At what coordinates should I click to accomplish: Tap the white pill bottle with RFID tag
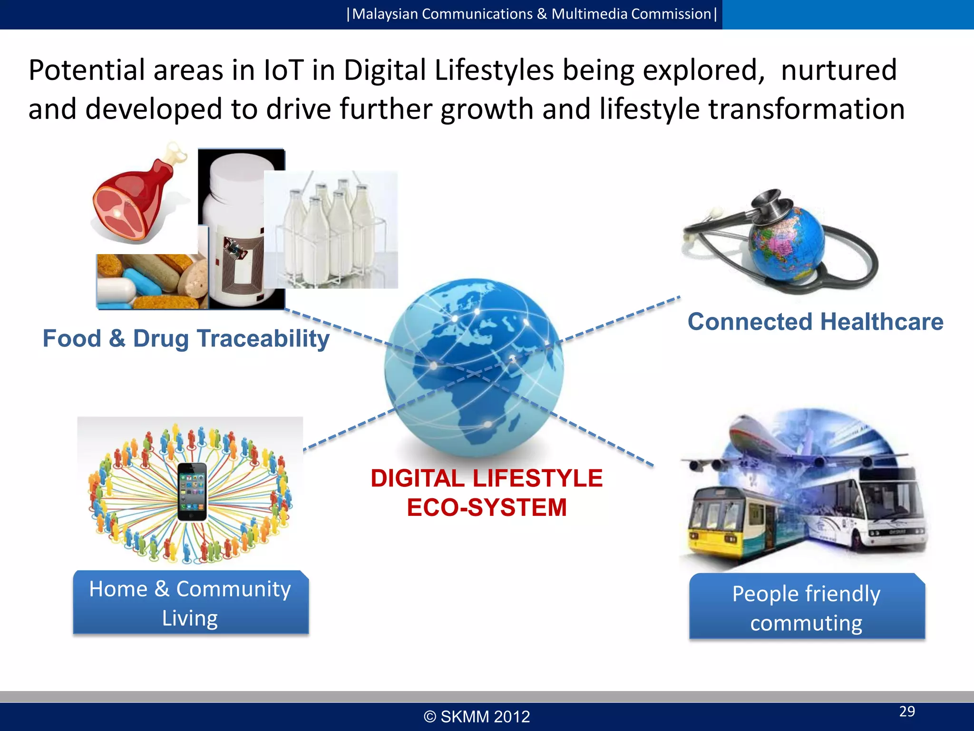click(235, 224)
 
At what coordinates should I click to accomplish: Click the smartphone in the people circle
click(192, 492)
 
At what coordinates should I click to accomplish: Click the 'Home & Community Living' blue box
click(191, 603)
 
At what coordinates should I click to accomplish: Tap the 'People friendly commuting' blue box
click(807, 607)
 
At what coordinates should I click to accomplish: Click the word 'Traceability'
click(263, 339)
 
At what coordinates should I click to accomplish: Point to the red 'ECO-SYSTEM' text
click(487, 507)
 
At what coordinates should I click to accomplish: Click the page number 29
click(907, 711)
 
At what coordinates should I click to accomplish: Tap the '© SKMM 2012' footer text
click(477, 717)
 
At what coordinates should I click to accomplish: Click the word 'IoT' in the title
click(283, 70)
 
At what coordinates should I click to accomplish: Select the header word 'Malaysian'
click(385, 14)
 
